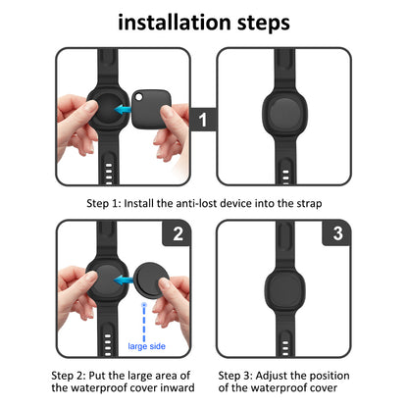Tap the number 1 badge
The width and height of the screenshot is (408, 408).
pyautogui.click(x=202, y=122)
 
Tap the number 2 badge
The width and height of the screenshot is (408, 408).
pyautogui.click(x=178, y=233)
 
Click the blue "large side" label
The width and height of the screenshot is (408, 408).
pyautogui.click(x=147, y=346)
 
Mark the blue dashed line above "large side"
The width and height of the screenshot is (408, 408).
pyautogui.click(x=146, y=320)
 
